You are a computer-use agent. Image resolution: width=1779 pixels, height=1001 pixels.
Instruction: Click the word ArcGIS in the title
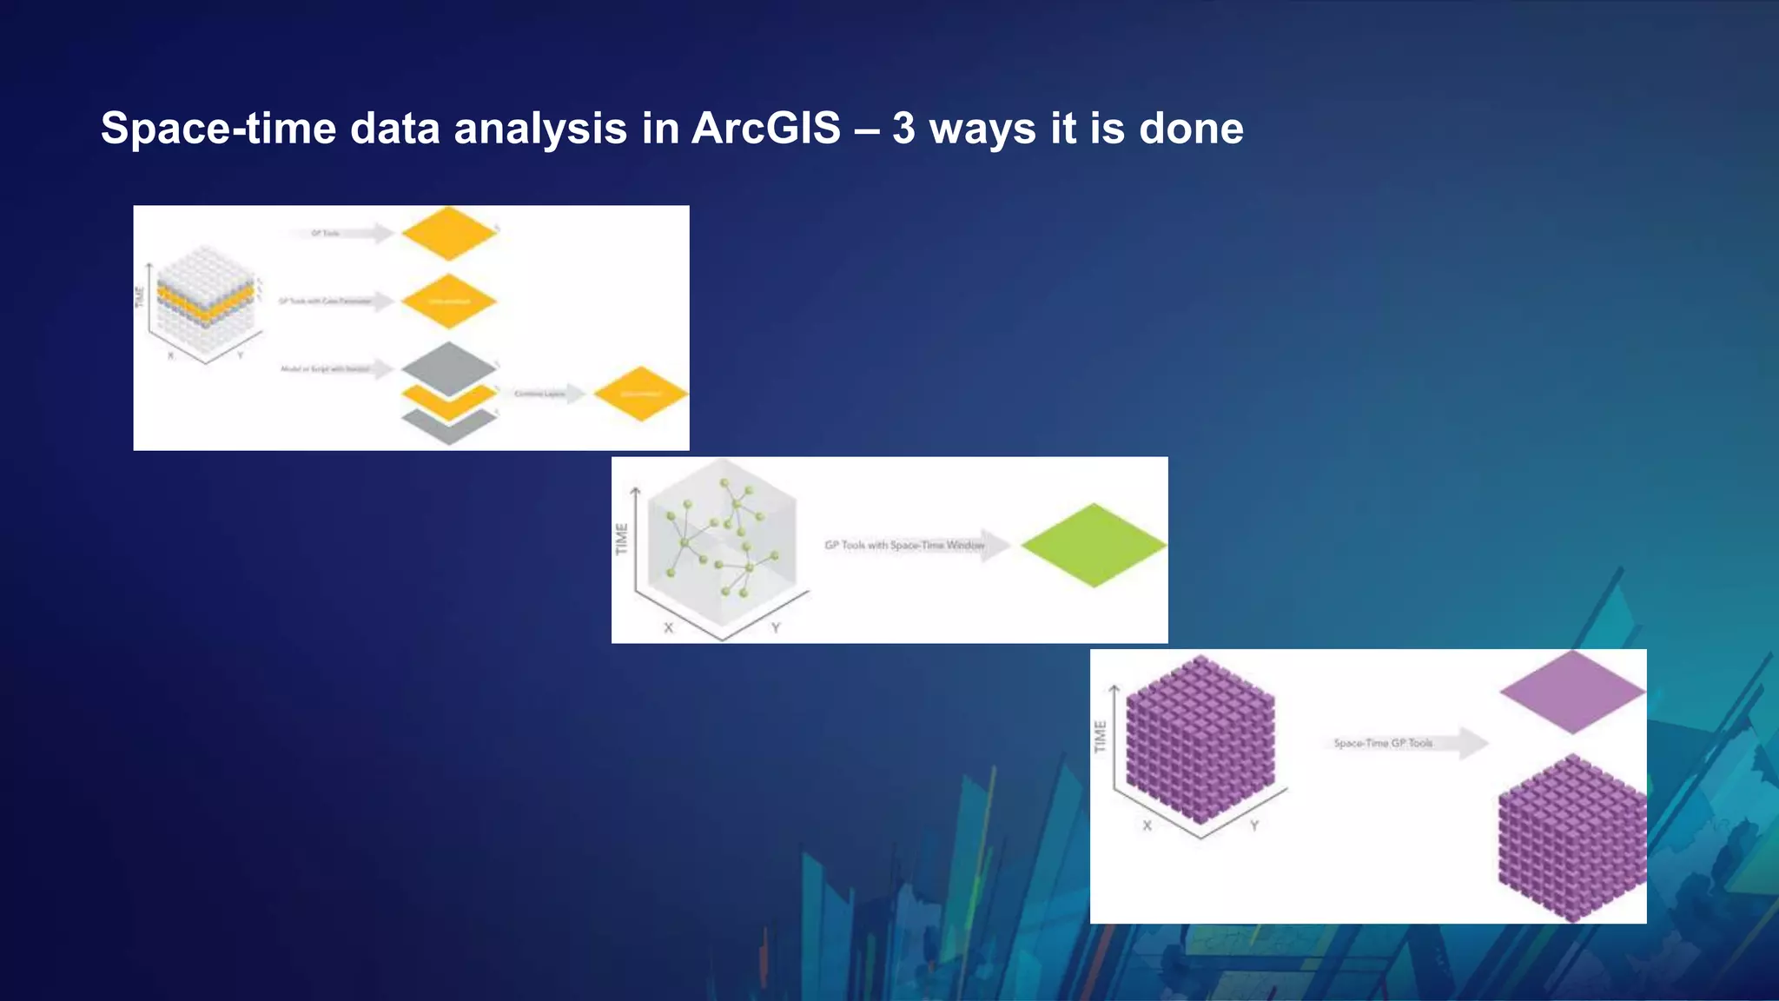765,129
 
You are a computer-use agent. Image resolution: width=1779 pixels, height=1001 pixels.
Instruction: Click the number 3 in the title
903,129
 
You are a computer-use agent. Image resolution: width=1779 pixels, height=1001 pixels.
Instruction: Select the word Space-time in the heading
218,129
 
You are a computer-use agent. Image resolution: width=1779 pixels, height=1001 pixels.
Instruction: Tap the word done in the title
1190,129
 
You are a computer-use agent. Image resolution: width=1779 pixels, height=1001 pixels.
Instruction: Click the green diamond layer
1093,545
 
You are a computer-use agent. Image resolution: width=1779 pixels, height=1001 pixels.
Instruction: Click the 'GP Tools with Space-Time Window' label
903,545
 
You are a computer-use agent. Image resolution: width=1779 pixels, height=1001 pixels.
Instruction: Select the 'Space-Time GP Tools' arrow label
1382,743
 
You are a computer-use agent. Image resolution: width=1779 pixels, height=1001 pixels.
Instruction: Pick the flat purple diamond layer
1571,692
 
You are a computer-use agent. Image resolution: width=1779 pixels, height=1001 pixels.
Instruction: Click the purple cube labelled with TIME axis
1200,739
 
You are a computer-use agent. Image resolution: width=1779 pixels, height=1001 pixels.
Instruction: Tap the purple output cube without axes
1571,839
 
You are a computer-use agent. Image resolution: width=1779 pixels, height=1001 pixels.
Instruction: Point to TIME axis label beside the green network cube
621,539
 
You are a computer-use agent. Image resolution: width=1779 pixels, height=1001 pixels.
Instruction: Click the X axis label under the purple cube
1147,825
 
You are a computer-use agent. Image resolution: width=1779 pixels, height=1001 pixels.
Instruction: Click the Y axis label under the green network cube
776,627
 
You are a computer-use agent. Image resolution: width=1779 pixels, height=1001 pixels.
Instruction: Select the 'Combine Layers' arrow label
539,394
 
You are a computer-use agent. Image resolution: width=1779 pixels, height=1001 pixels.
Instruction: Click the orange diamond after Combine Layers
640,394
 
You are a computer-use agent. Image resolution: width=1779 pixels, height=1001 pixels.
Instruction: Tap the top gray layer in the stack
448,367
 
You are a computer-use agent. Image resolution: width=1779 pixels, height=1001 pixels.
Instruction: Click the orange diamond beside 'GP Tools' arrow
448,233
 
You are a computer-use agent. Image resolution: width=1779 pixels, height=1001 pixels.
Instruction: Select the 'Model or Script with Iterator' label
325,369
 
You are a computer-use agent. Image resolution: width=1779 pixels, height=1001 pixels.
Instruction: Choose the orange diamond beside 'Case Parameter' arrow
448,302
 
